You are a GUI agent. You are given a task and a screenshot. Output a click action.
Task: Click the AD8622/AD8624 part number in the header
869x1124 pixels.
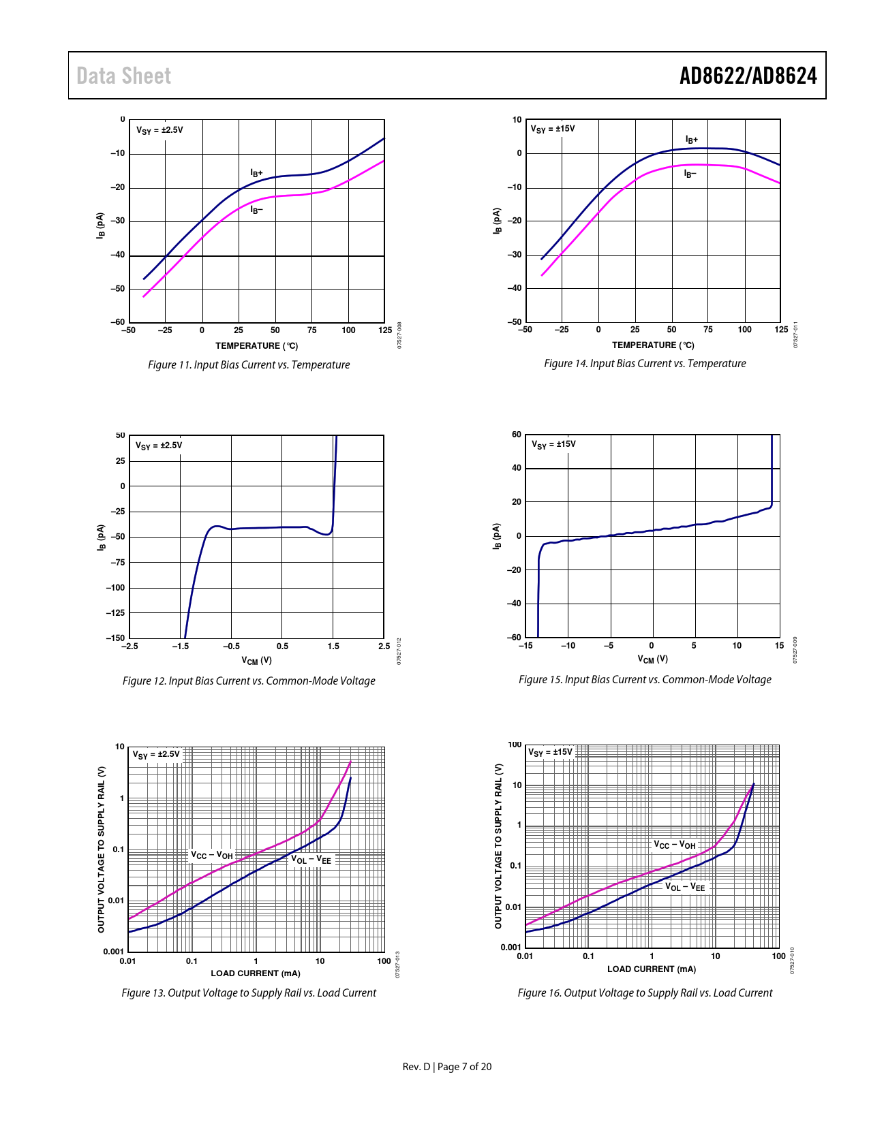(x=748, y=76)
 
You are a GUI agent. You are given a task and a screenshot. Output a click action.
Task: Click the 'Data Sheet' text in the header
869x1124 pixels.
(x=123, y=76)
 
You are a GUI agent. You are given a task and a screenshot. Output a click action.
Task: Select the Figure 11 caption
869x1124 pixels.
(x=249, y=365)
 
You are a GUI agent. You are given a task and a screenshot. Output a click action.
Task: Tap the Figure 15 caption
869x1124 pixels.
(x=645, y=680)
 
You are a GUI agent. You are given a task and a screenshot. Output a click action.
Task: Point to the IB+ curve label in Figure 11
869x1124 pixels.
(x=256, y=173)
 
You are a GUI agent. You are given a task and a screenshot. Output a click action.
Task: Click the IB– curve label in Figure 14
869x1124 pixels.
(x=690, y=174)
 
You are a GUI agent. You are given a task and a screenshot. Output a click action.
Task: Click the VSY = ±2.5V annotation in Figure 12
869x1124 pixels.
(x=159, y=446)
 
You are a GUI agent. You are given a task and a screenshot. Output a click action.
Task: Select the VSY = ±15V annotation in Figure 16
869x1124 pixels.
(x=551, y=752)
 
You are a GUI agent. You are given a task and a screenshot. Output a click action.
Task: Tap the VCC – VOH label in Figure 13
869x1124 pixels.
(x=212, y=855)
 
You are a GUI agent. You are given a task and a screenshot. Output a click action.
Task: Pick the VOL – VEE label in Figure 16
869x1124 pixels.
(x=685, y=887)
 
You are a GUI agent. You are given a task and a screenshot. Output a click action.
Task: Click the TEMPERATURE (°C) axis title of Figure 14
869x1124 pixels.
(x=653, y=345)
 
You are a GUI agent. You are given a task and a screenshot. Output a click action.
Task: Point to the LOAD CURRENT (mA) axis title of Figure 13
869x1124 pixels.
(x=256, y=973)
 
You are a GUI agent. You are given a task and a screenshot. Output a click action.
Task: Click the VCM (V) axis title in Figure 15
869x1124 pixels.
(x=652, y=659)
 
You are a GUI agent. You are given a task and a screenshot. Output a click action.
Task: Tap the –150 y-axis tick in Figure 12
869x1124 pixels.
(x=115, y=638)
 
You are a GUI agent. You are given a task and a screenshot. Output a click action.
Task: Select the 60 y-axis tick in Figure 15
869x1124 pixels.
(x=517, y=435)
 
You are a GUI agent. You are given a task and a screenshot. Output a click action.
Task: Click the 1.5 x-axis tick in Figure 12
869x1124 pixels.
(x=333, y=646)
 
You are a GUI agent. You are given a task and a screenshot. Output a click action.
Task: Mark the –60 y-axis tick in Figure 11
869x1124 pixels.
(x=118, y=322)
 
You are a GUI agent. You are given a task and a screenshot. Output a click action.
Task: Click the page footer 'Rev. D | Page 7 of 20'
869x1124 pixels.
(x=446, y=1067)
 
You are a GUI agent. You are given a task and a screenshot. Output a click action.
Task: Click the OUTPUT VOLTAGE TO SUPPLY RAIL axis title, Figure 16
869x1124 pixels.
(x=498, y=845)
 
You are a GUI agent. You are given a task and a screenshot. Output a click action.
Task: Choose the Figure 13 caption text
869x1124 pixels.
(x=249, y=993)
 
